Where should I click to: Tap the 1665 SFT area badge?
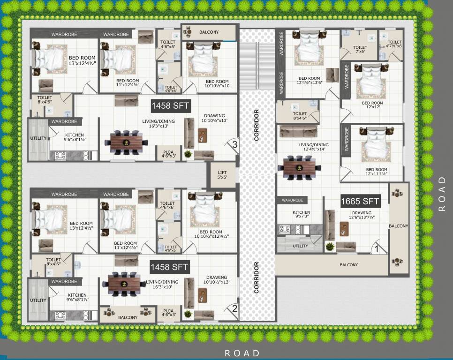coord(360,202)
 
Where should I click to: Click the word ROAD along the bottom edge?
coord(242,353)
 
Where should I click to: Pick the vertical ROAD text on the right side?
coord(442,194)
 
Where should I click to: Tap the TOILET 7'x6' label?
coord(360,50)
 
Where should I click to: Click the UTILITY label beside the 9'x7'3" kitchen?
coord(300,246)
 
